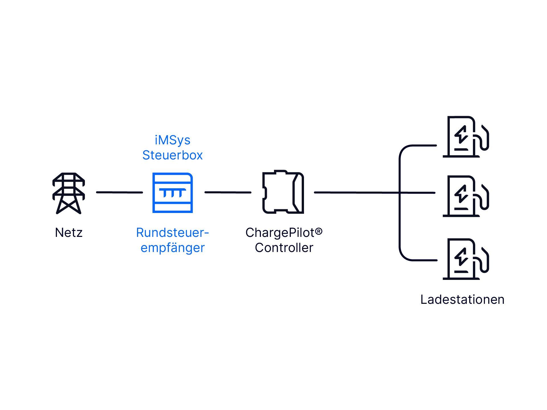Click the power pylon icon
click(69, 193)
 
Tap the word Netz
click(69, 233)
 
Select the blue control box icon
click(173, 193)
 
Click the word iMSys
click(173, 140)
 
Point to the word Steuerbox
click(173, 155)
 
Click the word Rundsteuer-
click(173, 233)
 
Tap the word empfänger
click(173, 248)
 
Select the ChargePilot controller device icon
click(283, 192)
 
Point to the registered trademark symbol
click(319, 231)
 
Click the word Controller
click(284, 248)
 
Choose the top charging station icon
click(466, 137)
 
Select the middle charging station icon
click(466, 196)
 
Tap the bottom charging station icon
click(466, 259)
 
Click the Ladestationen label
click(462, 300)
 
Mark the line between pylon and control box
click(120, 192)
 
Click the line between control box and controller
click(228, 192)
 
